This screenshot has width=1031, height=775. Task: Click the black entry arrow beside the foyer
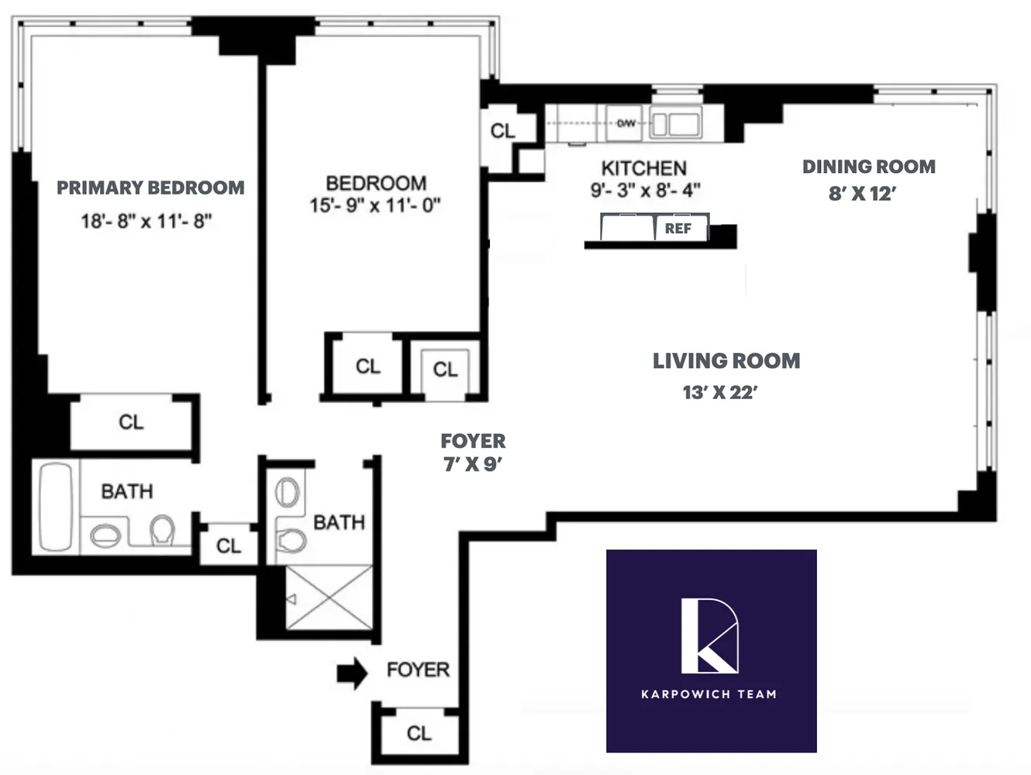352,673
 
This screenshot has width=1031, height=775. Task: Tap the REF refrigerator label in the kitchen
678,229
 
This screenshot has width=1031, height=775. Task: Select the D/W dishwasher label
626,123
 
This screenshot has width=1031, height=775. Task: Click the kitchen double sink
675,124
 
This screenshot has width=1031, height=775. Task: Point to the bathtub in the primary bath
55,507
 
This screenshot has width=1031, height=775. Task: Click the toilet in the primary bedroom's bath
162,531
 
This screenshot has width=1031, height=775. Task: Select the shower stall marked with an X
329,598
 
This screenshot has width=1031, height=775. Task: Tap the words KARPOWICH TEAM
709,694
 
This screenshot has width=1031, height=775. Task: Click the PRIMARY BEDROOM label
150,188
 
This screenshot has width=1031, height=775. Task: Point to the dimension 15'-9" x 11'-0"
375,205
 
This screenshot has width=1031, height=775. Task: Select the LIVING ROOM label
726,361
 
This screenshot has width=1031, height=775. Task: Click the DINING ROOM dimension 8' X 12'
861,194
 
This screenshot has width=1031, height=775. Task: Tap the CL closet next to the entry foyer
419,733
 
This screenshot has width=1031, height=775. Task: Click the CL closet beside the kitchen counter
502,131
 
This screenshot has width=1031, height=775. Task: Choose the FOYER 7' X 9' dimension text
473,464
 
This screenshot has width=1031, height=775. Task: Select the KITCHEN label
643,168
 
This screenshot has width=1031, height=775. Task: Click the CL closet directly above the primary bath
131,422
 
